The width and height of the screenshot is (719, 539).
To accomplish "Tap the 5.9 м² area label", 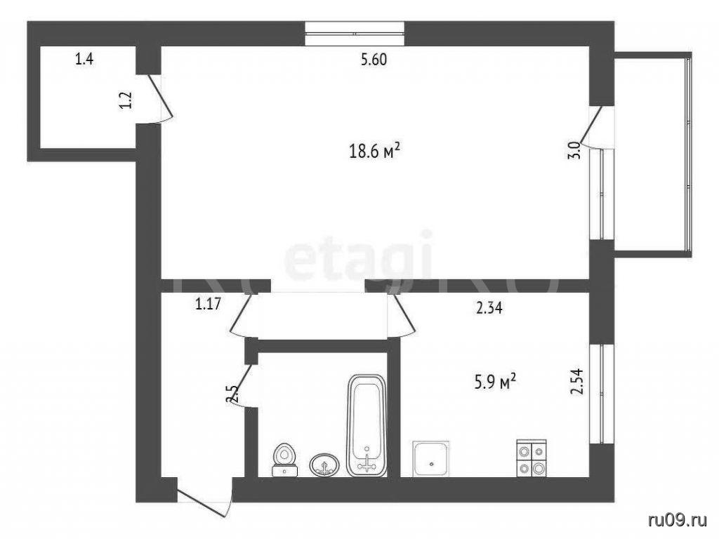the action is click(x=495, y=381).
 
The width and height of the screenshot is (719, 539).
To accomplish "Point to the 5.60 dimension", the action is click(x=374, y=60).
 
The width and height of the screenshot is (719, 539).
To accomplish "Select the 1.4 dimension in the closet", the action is click(x=84, y=59).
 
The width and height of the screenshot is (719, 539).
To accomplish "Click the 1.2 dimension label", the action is click(x=126, y=100).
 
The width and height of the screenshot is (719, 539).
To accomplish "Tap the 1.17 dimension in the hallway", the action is click(x=208, y=304).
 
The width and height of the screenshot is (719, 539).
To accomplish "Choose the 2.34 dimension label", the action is click(x=489, y=307).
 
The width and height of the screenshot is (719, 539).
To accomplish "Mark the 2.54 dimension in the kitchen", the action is click(x=576, y=381).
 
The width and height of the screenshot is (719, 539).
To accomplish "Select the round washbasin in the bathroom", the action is click(x=324, y=465).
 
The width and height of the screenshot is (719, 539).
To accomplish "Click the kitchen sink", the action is click(x=431, y=459).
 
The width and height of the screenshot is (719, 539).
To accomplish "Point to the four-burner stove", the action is click(x=532, y=458).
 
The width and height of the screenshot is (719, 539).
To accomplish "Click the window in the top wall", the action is click(x=355, y=34).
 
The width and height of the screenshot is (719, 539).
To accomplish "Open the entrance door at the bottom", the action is click(x=204, y=503).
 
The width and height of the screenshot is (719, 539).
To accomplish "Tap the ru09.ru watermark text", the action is click(x=678, y=521).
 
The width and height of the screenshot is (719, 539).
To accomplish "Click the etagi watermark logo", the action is click(x=358, y=258).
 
